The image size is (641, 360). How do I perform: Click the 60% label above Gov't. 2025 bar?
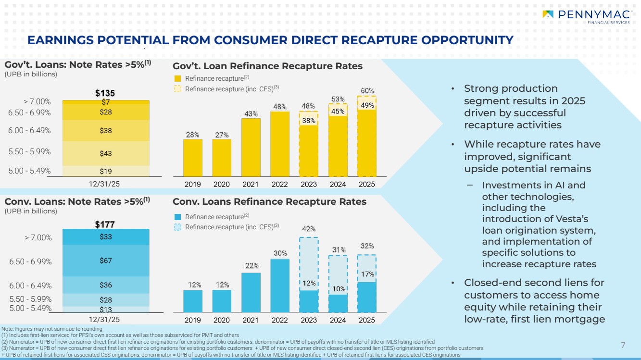[367, 90]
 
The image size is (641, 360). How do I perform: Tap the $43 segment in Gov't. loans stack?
[106, 153]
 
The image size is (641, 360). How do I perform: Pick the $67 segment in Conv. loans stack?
[106, 261]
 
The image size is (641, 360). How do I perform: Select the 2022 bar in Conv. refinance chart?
[280, 286]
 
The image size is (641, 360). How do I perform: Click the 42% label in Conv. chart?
[308, 229]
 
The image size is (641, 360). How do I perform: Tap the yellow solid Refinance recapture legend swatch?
[177, 78]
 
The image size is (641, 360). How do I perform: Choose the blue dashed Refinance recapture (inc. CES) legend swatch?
[177, 227]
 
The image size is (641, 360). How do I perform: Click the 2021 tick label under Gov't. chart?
[251, 184]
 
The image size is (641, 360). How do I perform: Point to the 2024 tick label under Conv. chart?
[338, 320]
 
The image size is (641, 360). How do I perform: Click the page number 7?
[623, 345]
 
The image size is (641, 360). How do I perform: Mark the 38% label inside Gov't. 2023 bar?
[309, 122]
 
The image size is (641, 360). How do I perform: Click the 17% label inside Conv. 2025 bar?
[367, 274]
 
